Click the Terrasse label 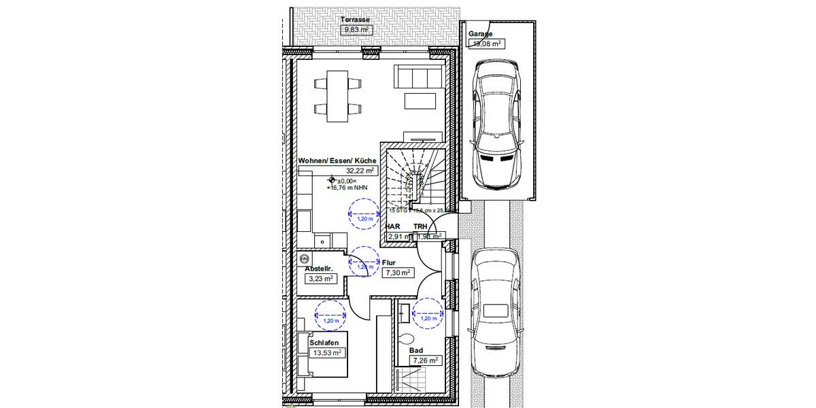(356, 20)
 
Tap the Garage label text (480, 33)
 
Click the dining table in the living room (337, 95)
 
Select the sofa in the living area (420, 77)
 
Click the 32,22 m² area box (360, 171)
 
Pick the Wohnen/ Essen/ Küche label (337, 160)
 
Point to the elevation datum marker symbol (332, 181)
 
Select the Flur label (388, 262)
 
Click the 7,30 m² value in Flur (397, 272)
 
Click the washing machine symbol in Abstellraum (304, 259)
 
